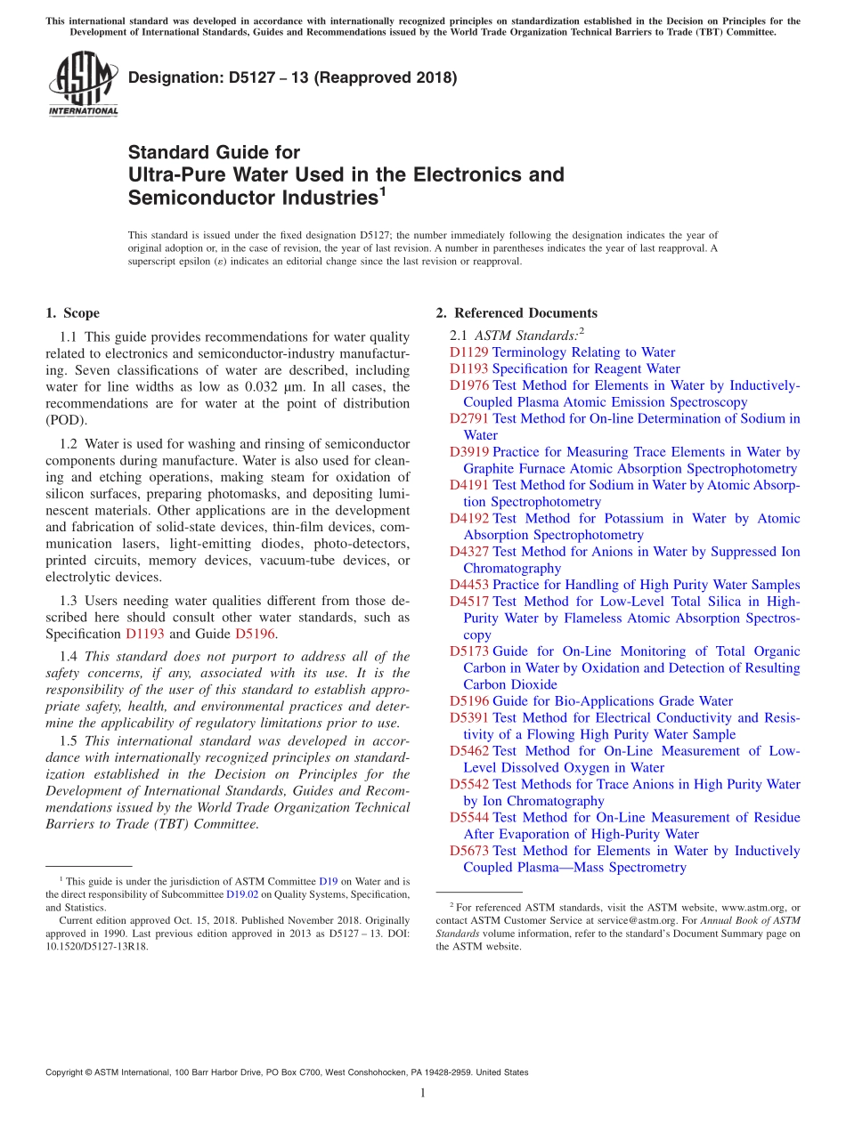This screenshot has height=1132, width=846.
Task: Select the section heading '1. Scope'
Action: pos(72,313)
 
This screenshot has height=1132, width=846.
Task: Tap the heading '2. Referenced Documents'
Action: pos(517,313)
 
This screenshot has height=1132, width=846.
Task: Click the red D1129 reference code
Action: pos(468,352)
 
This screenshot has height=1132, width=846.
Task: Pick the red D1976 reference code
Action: pos(468,385)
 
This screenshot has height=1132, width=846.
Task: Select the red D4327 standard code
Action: pos(468,552)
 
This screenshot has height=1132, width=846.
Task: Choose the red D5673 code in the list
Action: pos(468,851)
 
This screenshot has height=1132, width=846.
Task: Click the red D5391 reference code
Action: pos(468,717)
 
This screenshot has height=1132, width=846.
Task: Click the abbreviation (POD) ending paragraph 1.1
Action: pos(67,420)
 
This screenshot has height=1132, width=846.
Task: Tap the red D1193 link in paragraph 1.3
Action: pos(144,634)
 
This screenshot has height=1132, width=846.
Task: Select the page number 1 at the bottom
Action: pos(423,1093)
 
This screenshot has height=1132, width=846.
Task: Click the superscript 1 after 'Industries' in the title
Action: pos(382,190)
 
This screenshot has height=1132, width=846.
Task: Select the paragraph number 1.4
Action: pos(69,657)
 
